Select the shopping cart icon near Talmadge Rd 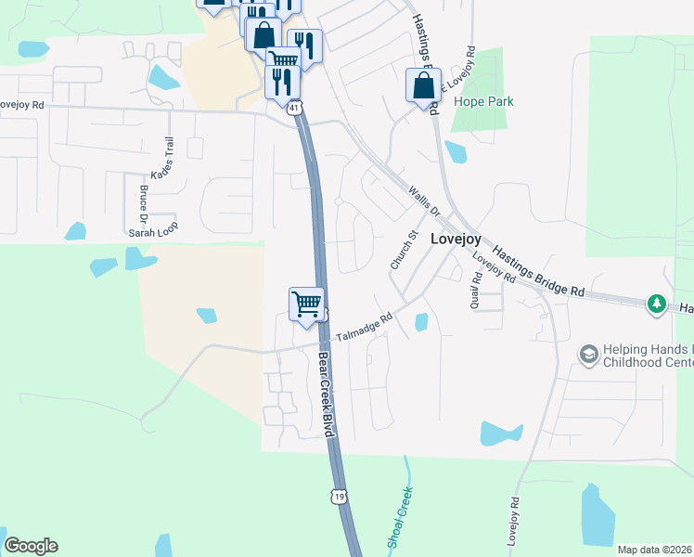pyautogui.click(x=306, y=304)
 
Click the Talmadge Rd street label pyautogui.click(x=365, y=326)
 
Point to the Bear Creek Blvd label pyautogui.click(x=326, y=395)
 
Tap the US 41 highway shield pyautogui.click(x=294, y=109)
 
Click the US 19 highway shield pyautogui.click(x=340, y=498)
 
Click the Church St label pyautogui.click(x=400, y=252)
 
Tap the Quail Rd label pyautogui.click(x=475, y=291)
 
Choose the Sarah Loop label pyautogui.click(x=153, y=226)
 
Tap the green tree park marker pyautogui.click(x=657, y=304)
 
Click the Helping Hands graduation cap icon pyautogui.click(x=587, y=354)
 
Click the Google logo pyautogui.click(x=31, y=546)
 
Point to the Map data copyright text pyautogui.click(x=654, y=550)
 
